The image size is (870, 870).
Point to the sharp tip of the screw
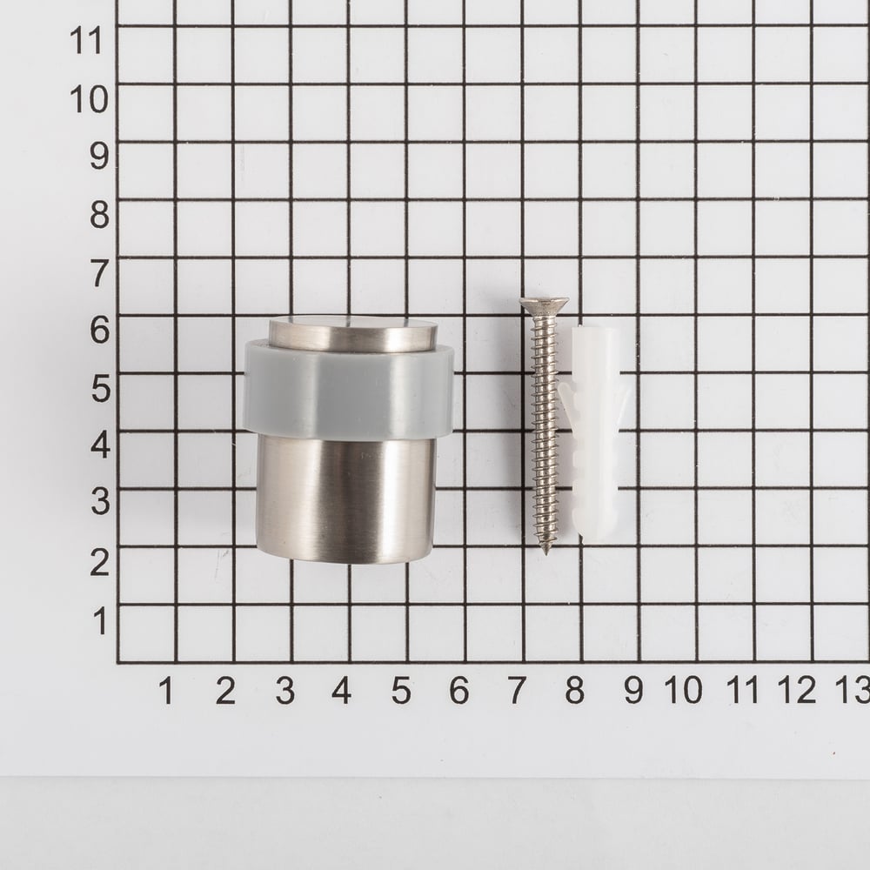click(545, 553)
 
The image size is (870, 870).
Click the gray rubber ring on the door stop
click(349, 388)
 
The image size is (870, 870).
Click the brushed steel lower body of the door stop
click(345, 498)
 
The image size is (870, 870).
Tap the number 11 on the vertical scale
click(86, 41)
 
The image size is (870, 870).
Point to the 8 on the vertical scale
click(99, 215)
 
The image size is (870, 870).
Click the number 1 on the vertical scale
click(100, 621)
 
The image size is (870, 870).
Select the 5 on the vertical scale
click(101, 388)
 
